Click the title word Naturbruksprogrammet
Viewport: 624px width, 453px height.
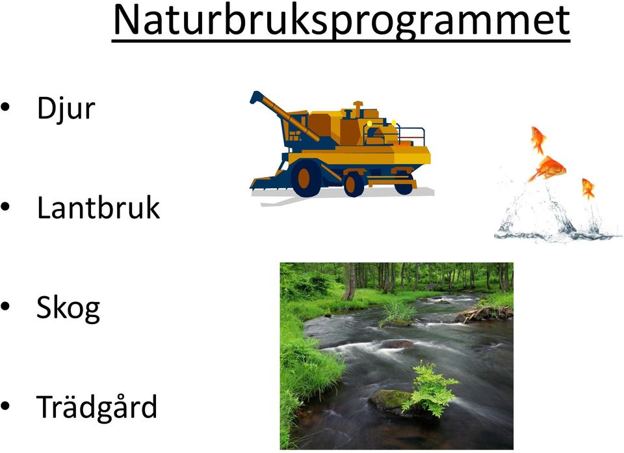click(341, 21)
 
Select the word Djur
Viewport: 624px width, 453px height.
click(66, 107)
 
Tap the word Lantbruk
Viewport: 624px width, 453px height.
click(98, 208)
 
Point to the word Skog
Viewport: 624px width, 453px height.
click(68, 309)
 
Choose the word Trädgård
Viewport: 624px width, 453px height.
click(97, 407)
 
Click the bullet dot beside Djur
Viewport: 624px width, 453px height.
click(6, 107)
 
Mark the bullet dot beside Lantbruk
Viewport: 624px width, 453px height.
click(6, 207)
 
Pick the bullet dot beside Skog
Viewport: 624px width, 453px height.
click(6, 307)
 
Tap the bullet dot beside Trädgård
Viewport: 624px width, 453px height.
click(6, 406)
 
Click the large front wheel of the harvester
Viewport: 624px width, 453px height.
click(305, 178)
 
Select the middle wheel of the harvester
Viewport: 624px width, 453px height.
click(354, 184)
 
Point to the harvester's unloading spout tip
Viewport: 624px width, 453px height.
click(255, 97)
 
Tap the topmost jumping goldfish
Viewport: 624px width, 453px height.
click(538, 139)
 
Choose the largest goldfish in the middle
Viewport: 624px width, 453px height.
click(549, 168)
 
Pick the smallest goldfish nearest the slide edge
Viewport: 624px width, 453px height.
click(588, 189)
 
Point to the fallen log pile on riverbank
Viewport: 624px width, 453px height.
click(483, 313)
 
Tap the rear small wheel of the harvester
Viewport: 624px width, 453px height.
click(404, 184)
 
